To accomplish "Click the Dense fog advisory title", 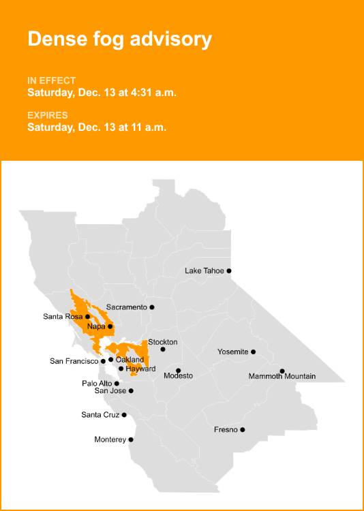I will click(x=119, y=39).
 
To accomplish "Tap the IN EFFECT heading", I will click(x=51, y=80).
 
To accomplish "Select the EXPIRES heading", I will click(x=47, y=115).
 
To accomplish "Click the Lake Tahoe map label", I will click(x=204, y=270).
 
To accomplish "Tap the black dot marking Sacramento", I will click(x=152, y=307).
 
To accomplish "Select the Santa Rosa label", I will click(x=63, y=316).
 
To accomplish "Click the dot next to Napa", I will click(x=110, y=326).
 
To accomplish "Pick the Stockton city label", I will click(x=163, y=341).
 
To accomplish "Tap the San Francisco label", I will click(x=74, y=361).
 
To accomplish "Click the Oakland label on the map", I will click(x=130, y=359).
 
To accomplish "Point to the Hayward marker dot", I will click(x=121, y=369).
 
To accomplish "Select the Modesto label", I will click(x=179, y=376).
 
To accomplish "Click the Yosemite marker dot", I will click(x=254, y=352).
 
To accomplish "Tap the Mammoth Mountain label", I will click(x=282, y=376).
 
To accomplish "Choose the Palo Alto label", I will click(x=97, y=384).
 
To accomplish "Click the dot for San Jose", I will click(x=131, y=391).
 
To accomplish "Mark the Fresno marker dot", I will click(x=243, y=430).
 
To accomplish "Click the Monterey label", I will click(x=110, y=439).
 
